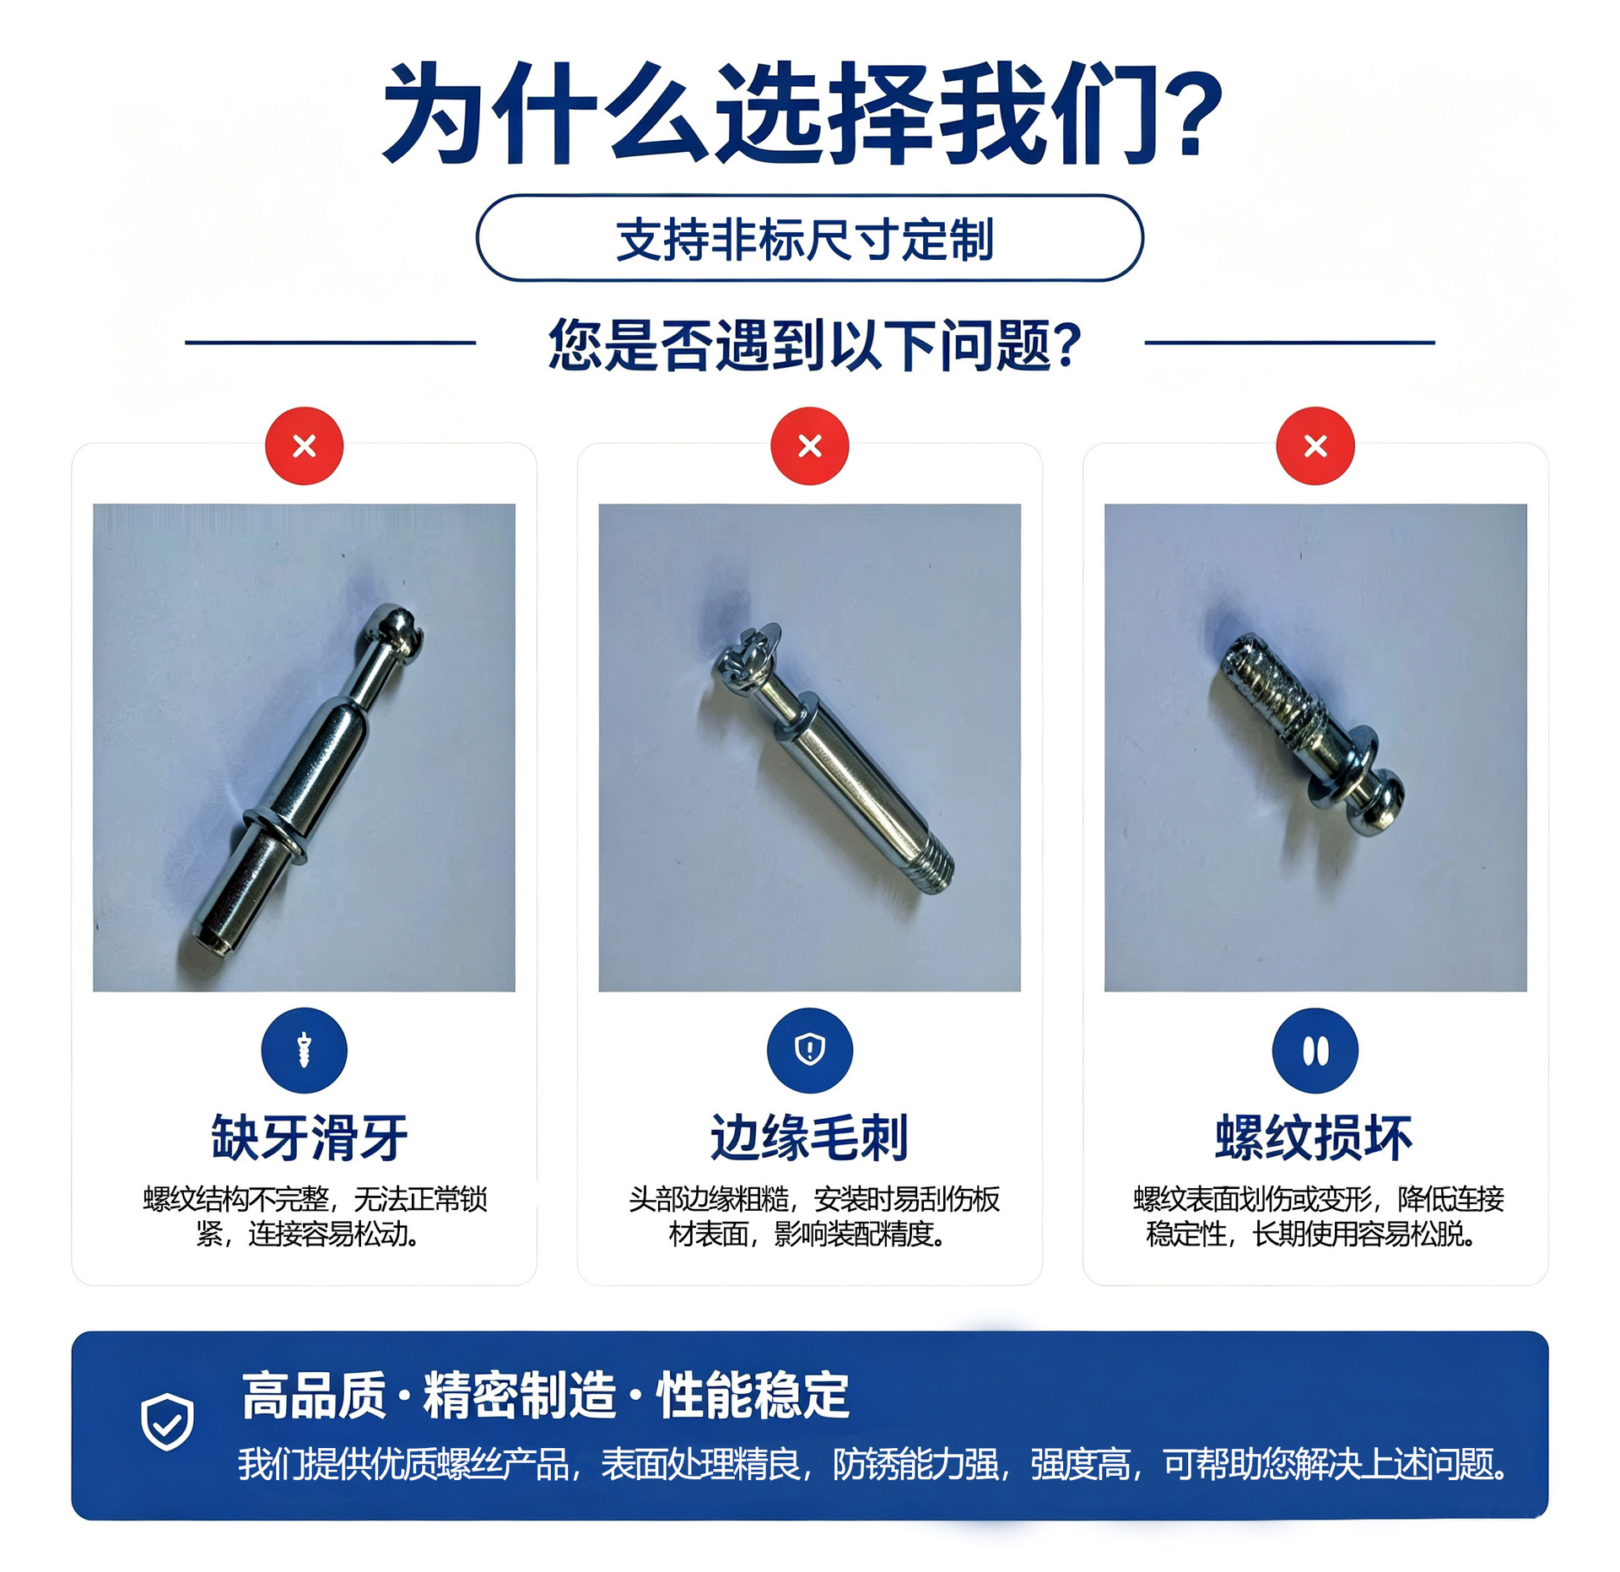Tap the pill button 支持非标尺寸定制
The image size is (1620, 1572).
[809, 238]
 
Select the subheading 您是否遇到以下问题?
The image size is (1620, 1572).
[814, 345]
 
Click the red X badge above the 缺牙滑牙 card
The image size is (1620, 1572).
[304, 446]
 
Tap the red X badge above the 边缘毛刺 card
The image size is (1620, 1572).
[809, 446]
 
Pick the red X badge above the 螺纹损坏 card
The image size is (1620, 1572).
[1315, 446]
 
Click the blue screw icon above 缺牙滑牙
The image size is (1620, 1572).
[304, 1051]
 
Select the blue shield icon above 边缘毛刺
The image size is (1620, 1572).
[809, 1051]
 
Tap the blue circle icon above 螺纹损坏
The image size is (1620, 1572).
[1315, 1051]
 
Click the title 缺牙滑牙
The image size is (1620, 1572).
[310, 1137]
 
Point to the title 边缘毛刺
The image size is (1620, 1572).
[809, 1137]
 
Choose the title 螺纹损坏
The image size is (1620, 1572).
[1314, 1137]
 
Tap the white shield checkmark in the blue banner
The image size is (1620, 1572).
[167, 1422]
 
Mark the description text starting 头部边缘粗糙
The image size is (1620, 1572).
[813, 1216]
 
